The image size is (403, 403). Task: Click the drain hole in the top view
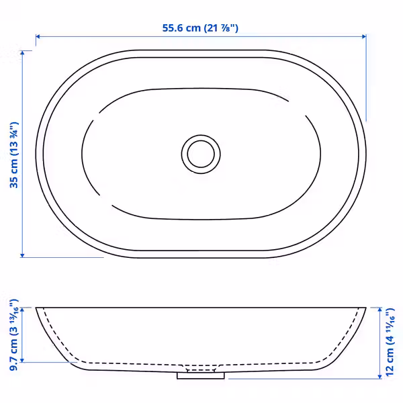pos(201,154)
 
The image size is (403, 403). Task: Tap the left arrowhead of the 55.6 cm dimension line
pos(38,36)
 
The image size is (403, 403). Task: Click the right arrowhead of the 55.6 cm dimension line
pos(364,36)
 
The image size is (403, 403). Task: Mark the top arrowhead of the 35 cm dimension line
pos(22,52)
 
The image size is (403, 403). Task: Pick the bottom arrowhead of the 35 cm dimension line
pos(22,255)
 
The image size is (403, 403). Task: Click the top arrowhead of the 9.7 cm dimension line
pos(22,310)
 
